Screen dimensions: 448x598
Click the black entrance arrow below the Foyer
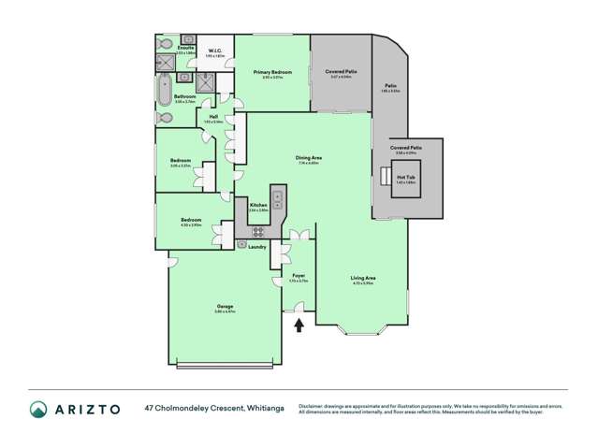pyautogui.click(x=299, y=325)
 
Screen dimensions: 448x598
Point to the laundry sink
pyautogui.click(x=242, y=244)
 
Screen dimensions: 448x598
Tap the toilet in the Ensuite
pyautogui.click(x=164, y=44)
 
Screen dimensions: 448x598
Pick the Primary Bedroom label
pyautogui.click(x=271, y=71)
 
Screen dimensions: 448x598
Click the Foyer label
pyautogui.click(x=299, y=276)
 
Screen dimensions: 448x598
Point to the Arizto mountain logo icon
pyautogui.click(x=38, y=409)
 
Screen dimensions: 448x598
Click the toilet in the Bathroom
pyautogui.click(x=164, y=119)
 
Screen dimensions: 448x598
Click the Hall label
pyautogui.click(x=213, y=116)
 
